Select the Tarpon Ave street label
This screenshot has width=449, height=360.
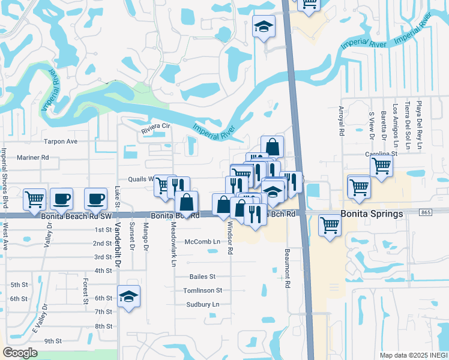click(61, 142)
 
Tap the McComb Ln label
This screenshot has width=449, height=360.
click(202, 242)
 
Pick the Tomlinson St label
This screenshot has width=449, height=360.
click(203, 290)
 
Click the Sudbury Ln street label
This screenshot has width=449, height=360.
click(202, 304)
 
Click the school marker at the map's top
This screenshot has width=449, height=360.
click(263, 26)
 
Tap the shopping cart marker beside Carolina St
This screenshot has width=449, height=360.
click(381, 166)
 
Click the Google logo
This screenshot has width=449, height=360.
click(20, 353)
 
